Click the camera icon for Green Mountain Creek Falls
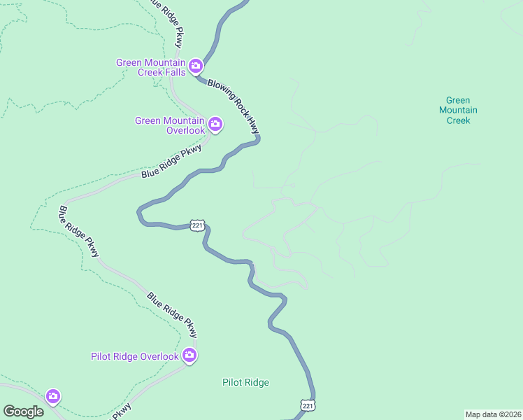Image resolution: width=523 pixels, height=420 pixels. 195,67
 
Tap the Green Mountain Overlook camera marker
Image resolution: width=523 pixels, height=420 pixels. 215,125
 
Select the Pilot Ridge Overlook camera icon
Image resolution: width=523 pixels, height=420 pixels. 189,356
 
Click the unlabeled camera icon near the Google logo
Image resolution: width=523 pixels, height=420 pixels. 53,397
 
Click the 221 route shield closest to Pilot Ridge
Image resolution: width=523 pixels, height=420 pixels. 308,405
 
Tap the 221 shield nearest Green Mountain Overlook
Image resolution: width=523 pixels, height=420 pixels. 197,225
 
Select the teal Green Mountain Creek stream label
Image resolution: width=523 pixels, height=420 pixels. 458,111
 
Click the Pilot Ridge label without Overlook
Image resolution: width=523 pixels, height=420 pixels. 245,382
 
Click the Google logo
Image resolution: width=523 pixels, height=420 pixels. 23,412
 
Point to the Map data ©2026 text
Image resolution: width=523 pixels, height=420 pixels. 493,414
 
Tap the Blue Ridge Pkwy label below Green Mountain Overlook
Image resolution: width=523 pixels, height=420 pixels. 171,162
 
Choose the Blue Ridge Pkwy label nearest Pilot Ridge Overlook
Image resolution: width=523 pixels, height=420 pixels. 172,312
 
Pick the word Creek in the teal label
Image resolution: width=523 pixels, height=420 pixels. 458,120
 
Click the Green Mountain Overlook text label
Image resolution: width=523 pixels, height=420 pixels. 170,125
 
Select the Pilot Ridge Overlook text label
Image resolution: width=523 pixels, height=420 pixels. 135,357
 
